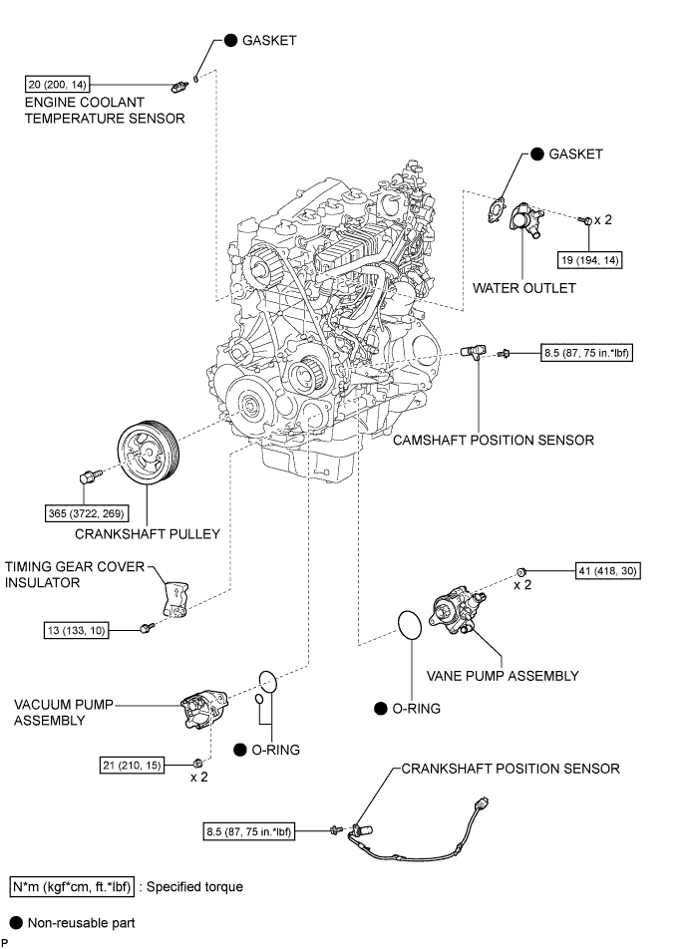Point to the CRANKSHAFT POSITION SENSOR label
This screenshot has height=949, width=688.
pos(511,768)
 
